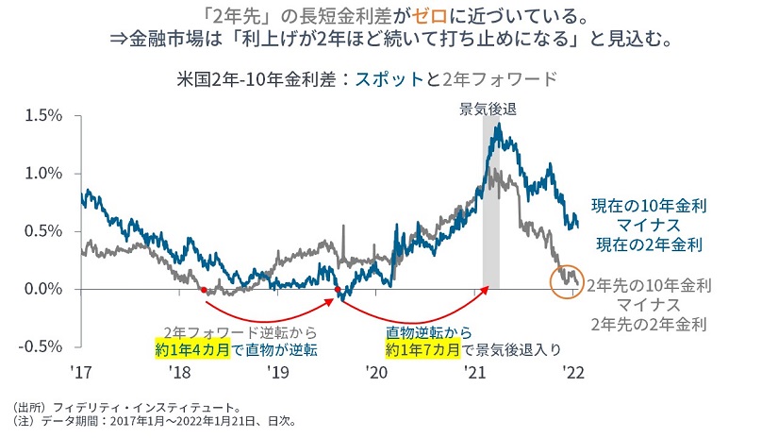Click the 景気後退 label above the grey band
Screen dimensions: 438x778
click(488, 109)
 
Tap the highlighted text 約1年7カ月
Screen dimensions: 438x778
click(423, 350)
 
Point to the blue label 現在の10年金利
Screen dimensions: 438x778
click(649, 205)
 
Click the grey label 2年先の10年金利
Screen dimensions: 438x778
click(649, 284)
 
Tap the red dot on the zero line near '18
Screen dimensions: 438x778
click(204, 291)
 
